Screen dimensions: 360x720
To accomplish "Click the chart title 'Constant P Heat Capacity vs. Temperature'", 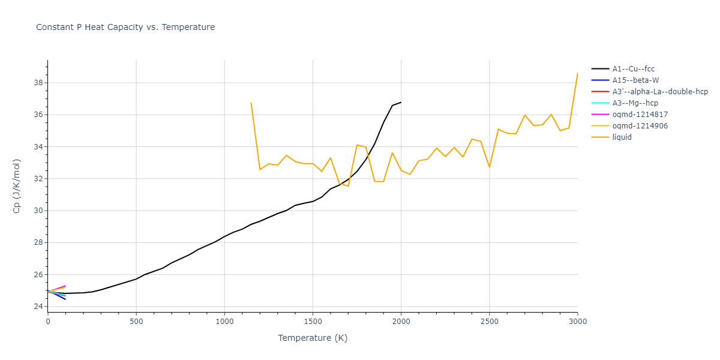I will click(125, 27).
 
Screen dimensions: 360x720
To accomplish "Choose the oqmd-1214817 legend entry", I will click(640, 115).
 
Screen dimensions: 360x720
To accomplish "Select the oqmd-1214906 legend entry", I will click(640, 126).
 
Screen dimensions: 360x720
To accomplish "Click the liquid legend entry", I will click(622, 137).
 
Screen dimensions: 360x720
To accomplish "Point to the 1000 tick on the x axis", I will click(224, 322).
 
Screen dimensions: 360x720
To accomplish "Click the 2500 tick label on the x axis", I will click(489, 322).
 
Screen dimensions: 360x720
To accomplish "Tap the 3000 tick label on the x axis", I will click(577, 322).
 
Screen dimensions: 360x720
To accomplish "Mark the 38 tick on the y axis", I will click(38, 83).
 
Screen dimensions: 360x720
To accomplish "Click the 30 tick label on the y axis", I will click(38, 211).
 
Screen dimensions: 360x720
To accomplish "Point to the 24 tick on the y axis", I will click(38, 307).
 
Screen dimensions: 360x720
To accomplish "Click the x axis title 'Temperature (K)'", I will click(313, 338).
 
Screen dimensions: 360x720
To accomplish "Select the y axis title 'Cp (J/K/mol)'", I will click(17, 186).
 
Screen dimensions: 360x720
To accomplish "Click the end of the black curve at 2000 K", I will click(401, 102).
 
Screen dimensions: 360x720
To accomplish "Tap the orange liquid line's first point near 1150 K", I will click(251, 103).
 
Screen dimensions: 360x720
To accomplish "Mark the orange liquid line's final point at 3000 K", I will click(577, 73).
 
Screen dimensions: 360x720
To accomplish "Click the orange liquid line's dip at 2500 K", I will click(489, 167).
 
